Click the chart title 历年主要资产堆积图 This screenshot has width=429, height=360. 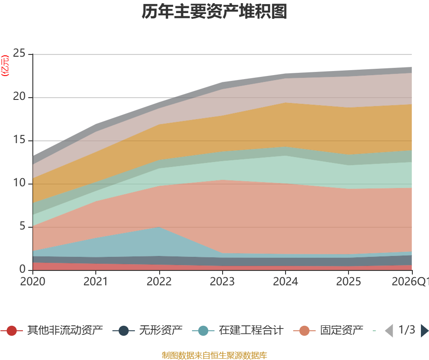(214, 12)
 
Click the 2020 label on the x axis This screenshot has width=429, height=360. (33, 282)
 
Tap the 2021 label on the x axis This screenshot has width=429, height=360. (96, 282)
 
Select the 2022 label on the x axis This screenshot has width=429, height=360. (159, 282)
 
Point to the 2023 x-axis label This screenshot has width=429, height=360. (222, 282)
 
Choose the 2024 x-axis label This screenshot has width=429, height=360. (286, 282)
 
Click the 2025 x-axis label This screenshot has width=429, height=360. (349, 282)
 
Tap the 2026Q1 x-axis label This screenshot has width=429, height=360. (410, 282)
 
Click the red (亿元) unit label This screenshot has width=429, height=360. (5, 66)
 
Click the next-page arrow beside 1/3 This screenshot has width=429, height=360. (424, 331)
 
